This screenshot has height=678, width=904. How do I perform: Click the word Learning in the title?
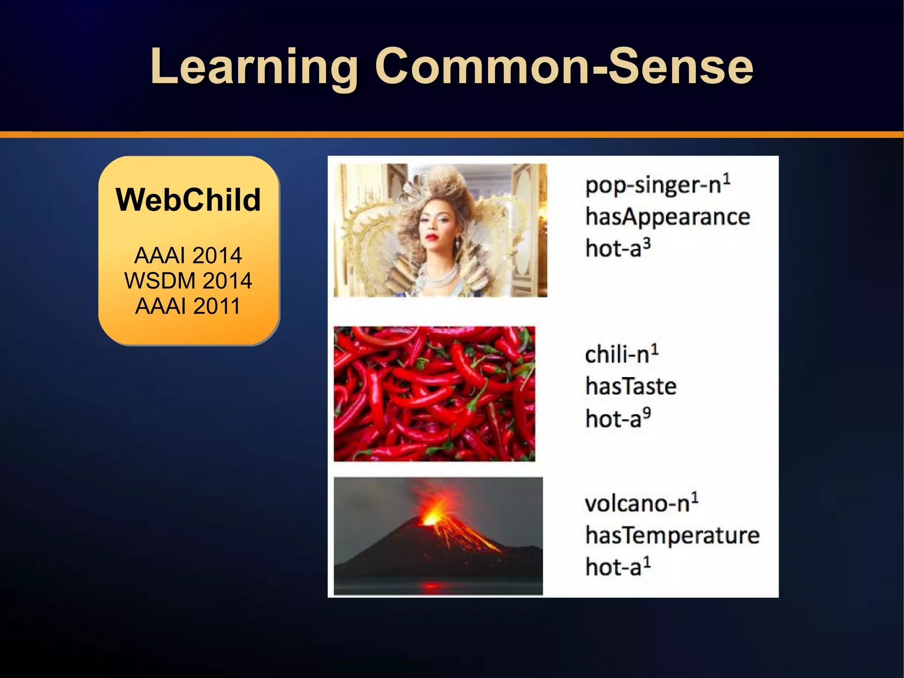[x=254, y=67]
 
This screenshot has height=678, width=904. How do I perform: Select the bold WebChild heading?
[x=188, y=200]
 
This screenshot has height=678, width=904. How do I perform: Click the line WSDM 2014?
[x=188, y=281]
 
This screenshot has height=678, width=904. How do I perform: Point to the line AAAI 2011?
[x=188, y=306]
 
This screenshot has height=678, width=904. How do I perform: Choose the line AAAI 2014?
[x=188, y=255]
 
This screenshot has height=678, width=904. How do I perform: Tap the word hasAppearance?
[x=667, y=217]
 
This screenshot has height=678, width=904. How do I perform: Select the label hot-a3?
[x=618, y=248]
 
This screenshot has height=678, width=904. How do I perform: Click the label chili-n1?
[x=621, y=354]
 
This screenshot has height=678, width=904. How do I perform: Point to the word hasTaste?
[x=631, y=386]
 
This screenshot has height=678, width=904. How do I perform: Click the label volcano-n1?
[x=641, y=503]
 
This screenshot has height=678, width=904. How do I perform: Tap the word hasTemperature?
[x=672, y=535]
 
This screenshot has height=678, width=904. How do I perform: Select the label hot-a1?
[x=618, y=567]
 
